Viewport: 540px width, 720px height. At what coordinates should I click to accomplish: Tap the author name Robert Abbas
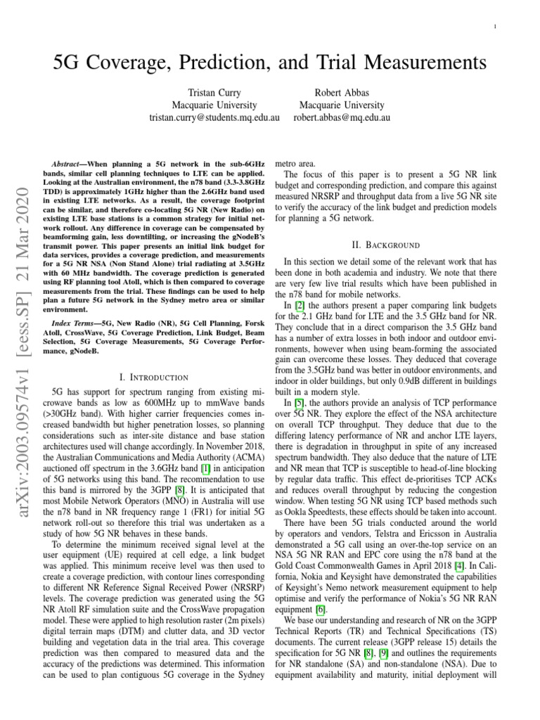tap(342, 92)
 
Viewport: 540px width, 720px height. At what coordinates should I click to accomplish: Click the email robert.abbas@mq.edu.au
tap(342, 117)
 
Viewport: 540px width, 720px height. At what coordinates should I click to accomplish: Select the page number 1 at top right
tap(497, 27)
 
